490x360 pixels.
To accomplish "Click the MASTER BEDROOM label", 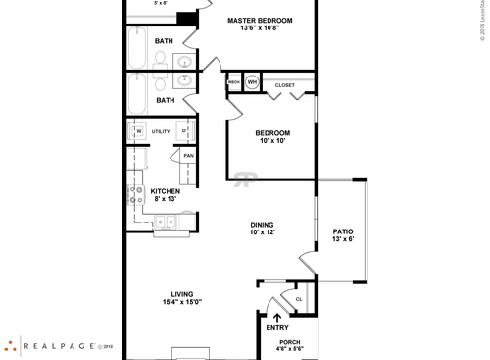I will click(x=262, y=20).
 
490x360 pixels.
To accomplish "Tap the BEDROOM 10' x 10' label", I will click(x=272, y=133).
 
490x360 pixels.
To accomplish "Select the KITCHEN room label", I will click(x=165, y=191).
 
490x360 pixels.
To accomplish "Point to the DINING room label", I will click(x=261, y=224).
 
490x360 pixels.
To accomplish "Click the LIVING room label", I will click(x=181, y=294).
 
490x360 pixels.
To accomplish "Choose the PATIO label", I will click(x=343, y=231).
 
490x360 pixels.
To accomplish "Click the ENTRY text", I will click(x=277, y=327).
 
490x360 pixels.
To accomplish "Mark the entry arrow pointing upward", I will click(x=277, y=316).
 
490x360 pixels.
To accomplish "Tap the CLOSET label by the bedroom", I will click(x=284, y=85).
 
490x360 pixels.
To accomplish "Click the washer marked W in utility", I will click(x=138, y=131).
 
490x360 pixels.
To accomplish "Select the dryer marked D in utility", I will click(x=185, y=131).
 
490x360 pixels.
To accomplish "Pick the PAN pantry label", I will click(x=187, y=155).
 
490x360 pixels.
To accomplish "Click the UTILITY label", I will click(x=161, y=131).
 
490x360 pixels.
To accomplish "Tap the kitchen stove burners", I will click(x=134, y=195).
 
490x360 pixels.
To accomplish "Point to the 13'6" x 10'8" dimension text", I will click(x=262, y=29).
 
